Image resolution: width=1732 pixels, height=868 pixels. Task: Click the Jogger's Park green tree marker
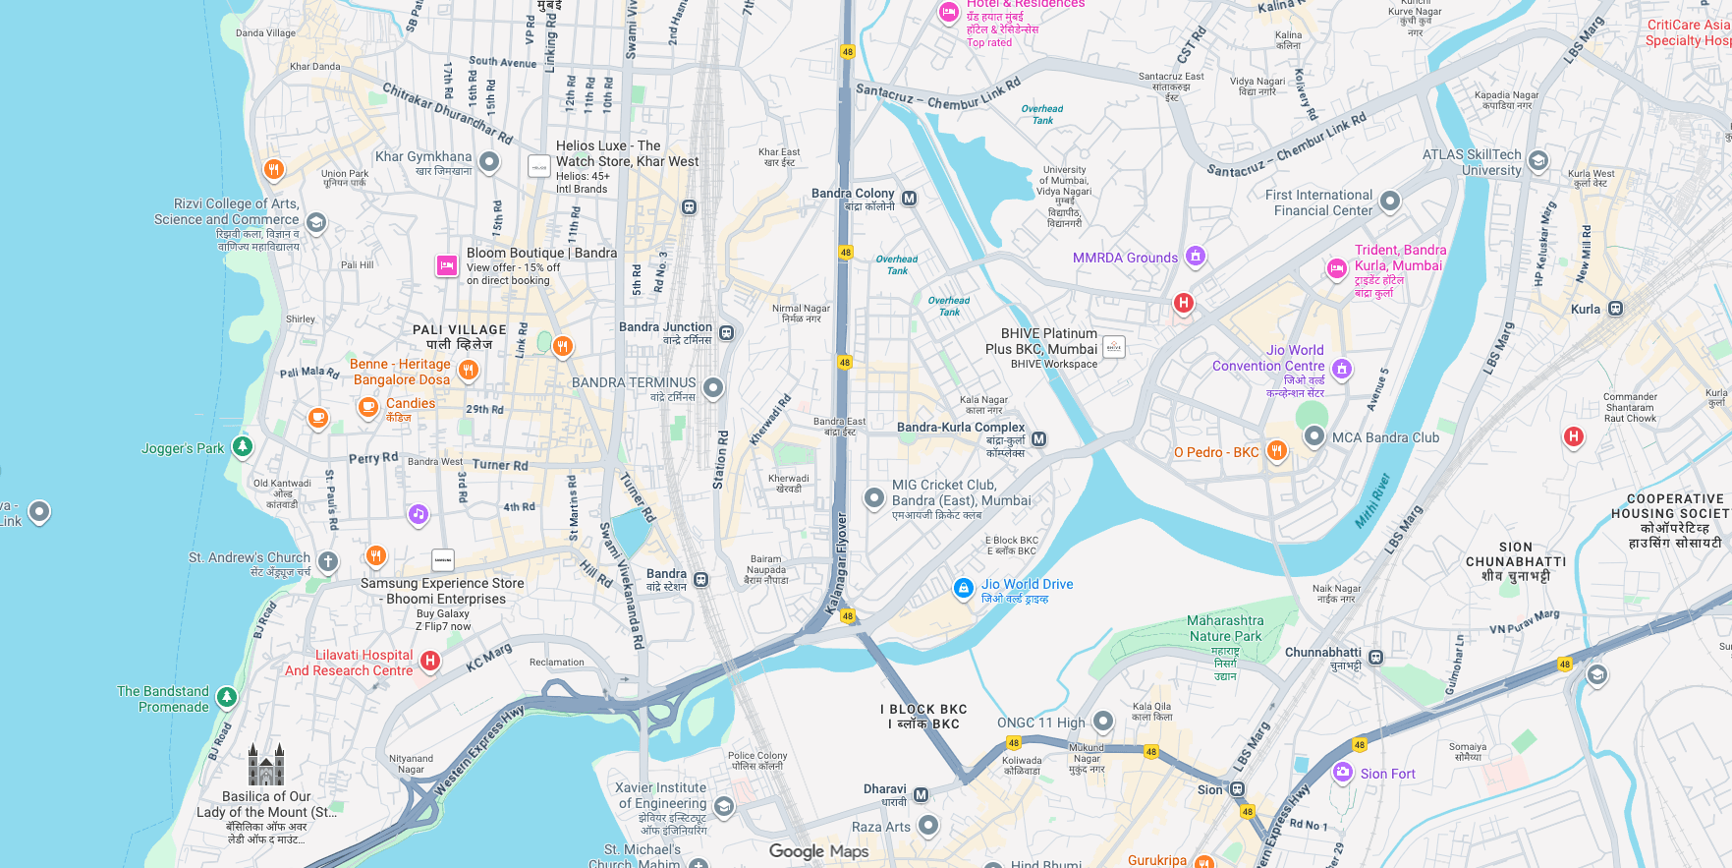click(242, 446)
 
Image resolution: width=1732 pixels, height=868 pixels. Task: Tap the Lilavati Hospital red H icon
click(429, 661)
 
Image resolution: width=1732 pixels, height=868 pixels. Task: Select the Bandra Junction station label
click(665, 327)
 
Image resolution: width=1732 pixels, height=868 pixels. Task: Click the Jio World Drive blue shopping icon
click(964, 588)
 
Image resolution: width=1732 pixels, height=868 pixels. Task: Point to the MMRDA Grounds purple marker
click(1195, 257)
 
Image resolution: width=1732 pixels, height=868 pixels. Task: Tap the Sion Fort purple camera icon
click(1343, 773)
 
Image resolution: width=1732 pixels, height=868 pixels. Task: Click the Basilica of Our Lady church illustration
click(266, 765)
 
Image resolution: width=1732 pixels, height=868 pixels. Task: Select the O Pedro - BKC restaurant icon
click(1276, 451)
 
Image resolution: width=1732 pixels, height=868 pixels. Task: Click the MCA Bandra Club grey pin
click(1314, 435)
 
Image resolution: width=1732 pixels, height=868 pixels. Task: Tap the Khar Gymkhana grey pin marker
click(489, 161)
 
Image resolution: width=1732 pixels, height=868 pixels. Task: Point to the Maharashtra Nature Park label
click(1225, 628)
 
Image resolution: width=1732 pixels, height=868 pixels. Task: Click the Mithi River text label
click(1372, 501)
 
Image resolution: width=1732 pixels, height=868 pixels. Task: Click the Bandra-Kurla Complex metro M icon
click(1038, 439)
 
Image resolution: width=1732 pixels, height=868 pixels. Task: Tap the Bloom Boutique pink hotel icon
click(447, 265)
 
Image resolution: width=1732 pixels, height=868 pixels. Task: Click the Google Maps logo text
click(818, 851)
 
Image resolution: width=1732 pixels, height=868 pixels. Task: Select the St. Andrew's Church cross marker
click(328, 562)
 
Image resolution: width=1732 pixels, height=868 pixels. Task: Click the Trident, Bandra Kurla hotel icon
click(1337, 268)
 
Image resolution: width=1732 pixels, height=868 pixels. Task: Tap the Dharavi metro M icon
click(921, 794)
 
